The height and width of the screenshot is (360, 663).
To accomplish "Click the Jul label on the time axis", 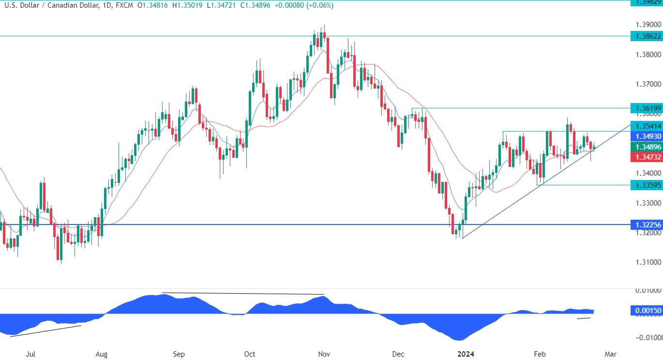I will [x=30, y=354].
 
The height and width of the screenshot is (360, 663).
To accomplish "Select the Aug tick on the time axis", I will [x=102, y=354].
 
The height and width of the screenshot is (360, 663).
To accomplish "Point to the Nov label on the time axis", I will [x=324, y=354].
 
